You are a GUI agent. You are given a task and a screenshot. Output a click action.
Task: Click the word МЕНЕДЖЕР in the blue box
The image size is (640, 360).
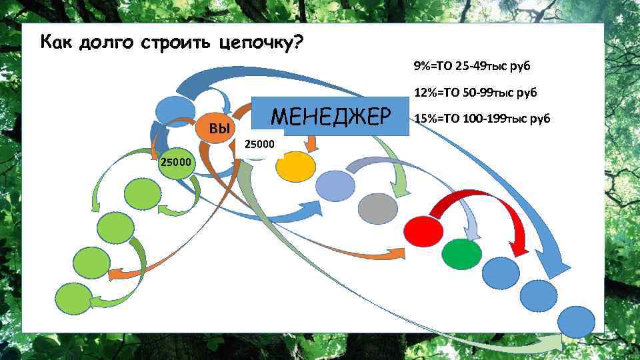click(x=330, y=117)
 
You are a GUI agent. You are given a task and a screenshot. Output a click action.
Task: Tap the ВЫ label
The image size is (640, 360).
click(x=219, y=128)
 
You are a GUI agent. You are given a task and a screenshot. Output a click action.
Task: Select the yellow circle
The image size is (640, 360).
click(x=295, y=167)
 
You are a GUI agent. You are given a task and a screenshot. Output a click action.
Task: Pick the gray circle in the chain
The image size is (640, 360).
click(x=378, y=210)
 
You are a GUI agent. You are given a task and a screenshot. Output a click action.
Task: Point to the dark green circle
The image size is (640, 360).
click(x=462, y=254)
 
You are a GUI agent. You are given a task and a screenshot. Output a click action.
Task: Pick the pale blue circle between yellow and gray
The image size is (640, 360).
click(x=335, y=185)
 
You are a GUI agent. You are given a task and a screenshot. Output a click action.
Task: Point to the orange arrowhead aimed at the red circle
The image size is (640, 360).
click(x=398, y=254)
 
